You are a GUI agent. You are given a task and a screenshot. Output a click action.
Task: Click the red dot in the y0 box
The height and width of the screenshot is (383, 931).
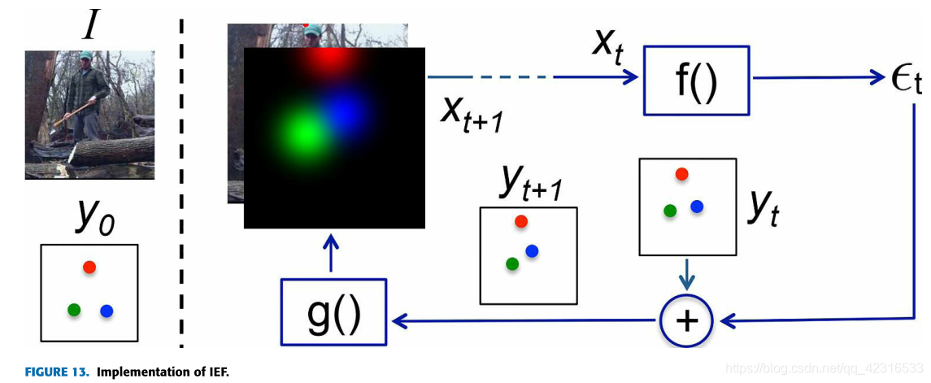coord(89,267)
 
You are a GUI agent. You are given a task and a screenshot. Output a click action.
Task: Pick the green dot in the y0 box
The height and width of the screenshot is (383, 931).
coord(74,309)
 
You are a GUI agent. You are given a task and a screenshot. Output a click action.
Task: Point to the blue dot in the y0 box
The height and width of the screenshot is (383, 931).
coord(107,310)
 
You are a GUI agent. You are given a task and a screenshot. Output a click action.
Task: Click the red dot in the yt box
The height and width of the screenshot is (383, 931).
coord(681,173)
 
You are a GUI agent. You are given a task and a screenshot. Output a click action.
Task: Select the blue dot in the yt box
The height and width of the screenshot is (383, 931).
coord(697,207)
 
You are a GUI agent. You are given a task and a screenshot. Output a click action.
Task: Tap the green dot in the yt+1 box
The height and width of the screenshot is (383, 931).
coord(512,263)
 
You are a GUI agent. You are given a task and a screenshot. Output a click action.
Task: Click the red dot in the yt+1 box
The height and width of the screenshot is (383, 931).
coord(521,221)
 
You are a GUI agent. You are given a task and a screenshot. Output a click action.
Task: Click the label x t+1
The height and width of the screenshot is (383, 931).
coord(472,114)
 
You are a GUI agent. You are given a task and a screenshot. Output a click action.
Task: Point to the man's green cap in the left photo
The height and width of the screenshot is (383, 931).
coord(86,55)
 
